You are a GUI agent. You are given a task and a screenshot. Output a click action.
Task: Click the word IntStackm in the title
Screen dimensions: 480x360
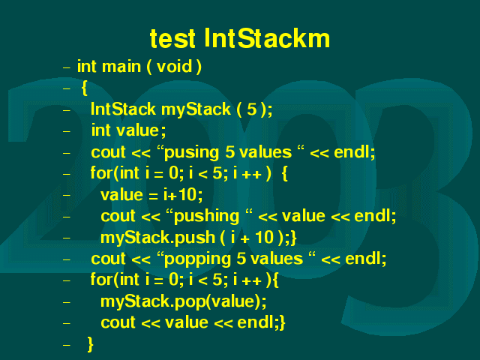(x=267, y=38)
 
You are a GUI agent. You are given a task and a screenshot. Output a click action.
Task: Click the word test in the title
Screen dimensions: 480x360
(x=172, y=39)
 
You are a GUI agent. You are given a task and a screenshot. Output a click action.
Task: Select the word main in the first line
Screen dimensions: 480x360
(x=121, y=67)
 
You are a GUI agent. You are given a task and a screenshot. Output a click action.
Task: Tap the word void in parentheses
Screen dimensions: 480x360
(x=174, y=67)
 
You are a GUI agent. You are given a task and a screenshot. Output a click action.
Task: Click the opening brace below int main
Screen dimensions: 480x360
(x=85, y=88)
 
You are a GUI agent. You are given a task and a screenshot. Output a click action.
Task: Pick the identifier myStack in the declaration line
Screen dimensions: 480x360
(x=196, y=109)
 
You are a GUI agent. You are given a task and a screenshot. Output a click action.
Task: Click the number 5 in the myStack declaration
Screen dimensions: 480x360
(x=252, y=109)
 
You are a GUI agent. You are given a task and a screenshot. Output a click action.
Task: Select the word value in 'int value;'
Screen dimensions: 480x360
(x=137, y=130)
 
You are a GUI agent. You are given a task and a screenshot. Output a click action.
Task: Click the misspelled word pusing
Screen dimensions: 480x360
(x=192, y=153)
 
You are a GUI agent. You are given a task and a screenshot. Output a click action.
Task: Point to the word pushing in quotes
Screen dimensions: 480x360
(x=207, y=217)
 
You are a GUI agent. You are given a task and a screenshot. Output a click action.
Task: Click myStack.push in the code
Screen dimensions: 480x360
(x=158, y=238)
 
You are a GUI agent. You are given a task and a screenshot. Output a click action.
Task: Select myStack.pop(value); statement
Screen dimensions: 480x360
(x=184, y=301)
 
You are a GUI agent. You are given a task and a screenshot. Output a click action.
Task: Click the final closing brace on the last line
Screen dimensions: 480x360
(x=90, y=344)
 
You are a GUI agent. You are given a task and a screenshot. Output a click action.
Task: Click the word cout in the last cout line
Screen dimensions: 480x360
(x=118, y=322)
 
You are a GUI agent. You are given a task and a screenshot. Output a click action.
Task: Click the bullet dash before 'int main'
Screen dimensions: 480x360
(x=67, y=67)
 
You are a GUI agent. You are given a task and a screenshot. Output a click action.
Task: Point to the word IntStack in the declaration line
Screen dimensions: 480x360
(x=123, y=109)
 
